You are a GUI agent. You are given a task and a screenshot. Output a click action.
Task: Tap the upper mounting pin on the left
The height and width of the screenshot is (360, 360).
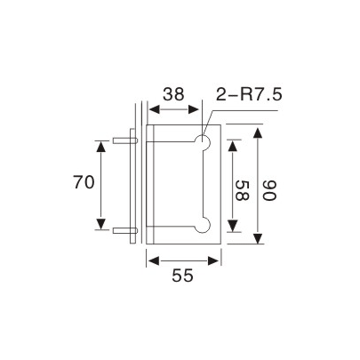(124, 140)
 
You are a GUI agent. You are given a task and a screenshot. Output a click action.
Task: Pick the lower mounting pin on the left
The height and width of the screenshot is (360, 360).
(124, 229)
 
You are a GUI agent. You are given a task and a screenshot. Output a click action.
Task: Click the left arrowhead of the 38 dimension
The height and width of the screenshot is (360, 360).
(152, 110)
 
